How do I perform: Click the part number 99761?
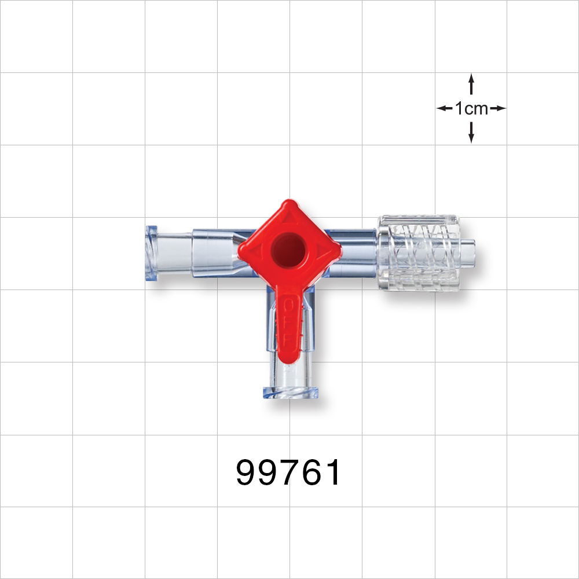(x=289, y=473)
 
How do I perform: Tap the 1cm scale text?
(x=471, y=108)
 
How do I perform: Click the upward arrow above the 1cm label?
(x=471, y=84)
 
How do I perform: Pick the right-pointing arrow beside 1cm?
(x=498, y=108)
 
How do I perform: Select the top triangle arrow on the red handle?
(x=288, y=218)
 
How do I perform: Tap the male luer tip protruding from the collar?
(x=466, y=252)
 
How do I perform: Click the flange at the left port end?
(x=152, y=252)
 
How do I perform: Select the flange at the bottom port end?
(x=291, y=393)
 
